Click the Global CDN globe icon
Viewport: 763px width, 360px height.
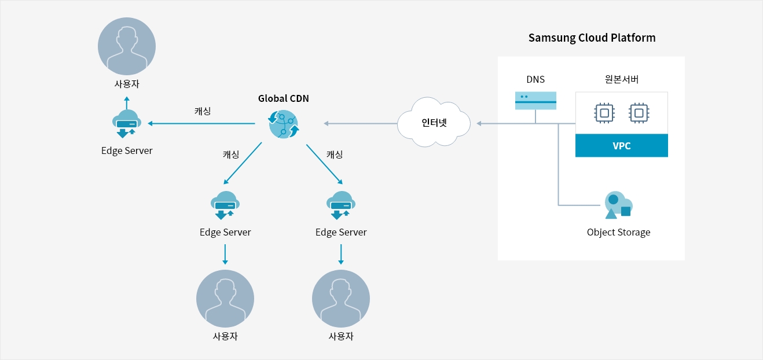(283, 123)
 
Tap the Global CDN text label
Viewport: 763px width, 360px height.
(283, 98)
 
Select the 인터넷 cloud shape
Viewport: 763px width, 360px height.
(434, 123)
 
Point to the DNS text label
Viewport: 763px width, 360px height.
(535, 80)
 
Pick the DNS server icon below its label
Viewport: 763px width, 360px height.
(535, 101)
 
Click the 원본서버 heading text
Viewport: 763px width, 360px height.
(621, 80)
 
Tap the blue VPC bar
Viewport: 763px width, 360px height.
(621, 146)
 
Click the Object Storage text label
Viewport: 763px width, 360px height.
(618, 232)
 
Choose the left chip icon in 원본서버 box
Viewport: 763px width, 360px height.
(604, 113)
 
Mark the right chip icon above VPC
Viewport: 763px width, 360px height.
(639, 113)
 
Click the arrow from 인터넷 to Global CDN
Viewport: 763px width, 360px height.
(359, 123)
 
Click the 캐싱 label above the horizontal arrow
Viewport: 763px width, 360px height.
(203, 111)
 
